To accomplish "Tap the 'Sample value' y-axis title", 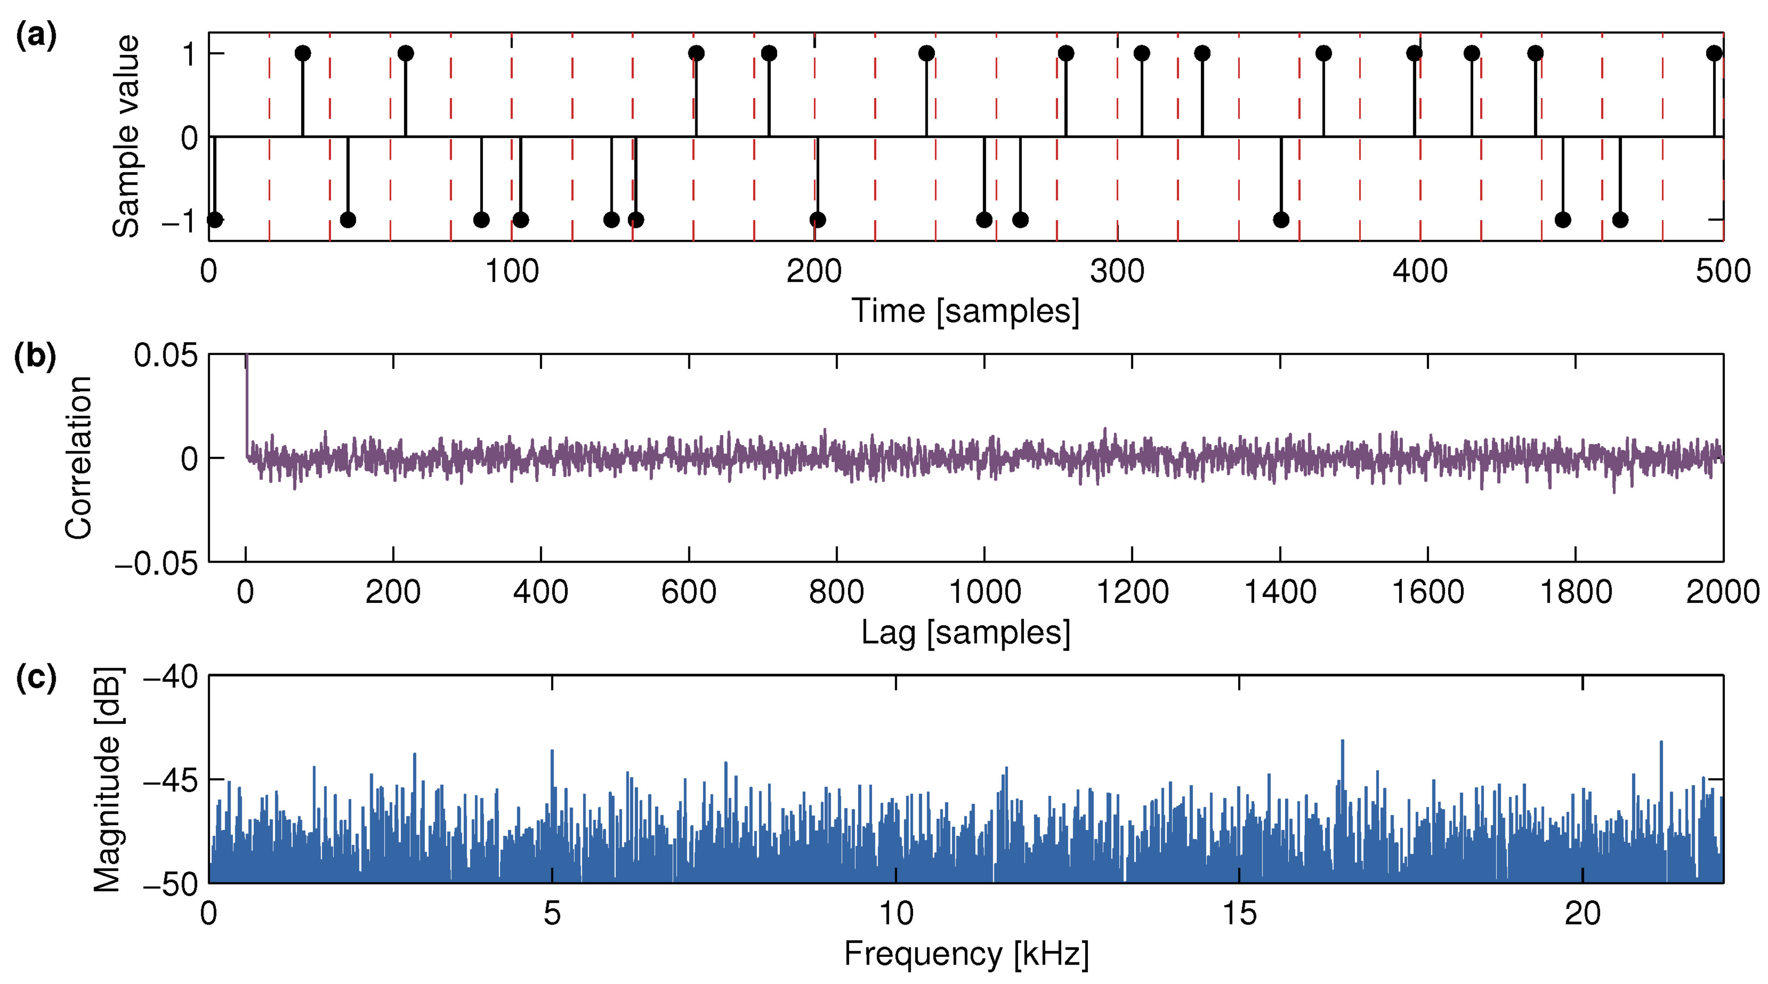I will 126,136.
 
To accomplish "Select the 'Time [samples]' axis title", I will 965,311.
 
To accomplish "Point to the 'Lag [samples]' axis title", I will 965,632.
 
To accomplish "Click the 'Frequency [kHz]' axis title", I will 965,954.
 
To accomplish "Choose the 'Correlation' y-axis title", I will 79,458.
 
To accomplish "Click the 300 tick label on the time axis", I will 1117,272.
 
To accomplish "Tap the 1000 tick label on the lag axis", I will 984,592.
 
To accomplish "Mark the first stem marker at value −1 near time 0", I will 215,220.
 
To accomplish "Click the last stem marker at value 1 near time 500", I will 1714,53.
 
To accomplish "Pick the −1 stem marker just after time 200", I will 817,220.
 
